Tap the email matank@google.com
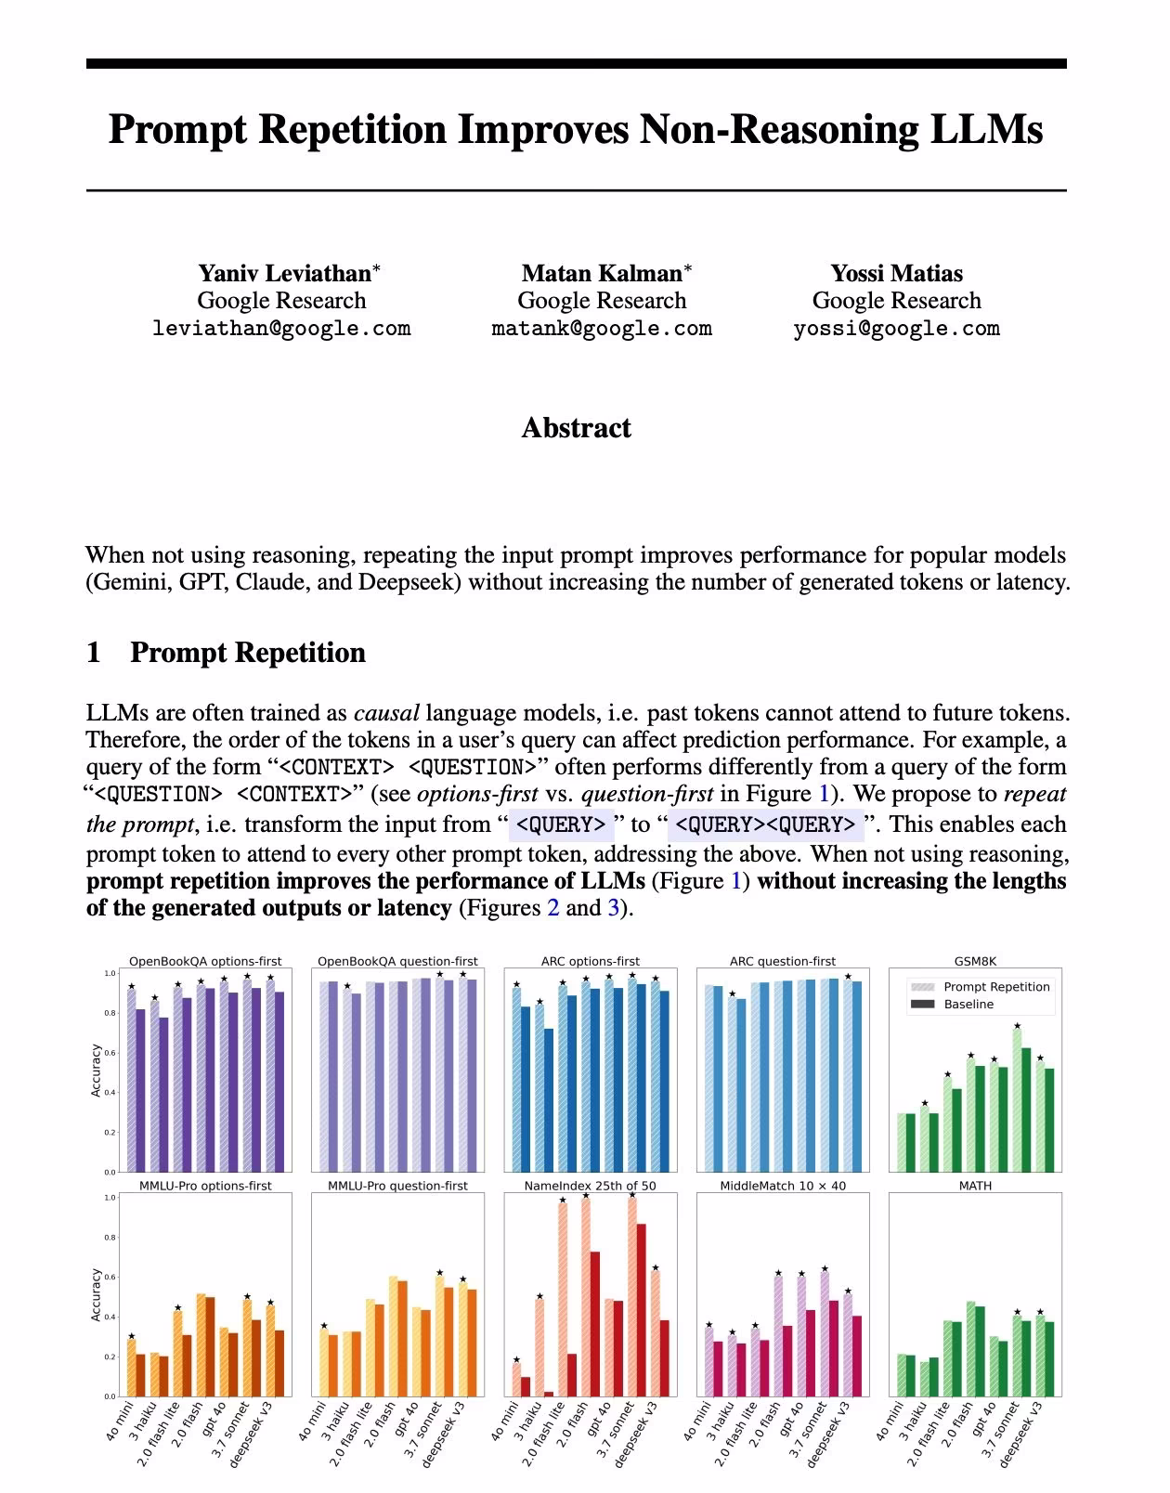(x=602, y=328)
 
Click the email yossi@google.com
(x=896, y=328)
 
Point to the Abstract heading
(x=576, y=427)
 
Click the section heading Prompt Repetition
(x=247, y=652)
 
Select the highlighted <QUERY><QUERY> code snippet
(x=765, y=824)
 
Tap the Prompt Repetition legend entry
(x=996, y=987)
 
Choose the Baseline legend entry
(x=968, y=1005)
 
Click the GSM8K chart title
(x=975, y=962)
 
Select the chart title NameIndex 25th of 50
(x=590, y=1186)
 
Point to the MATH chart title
(x=975, y=1186)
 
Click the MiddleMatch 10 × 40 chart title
(x=783, y=1186)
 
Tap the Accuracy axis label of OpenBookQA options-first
(x=97, y=1071)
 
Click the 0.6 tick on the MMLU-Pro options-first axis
(x=110, y=1277)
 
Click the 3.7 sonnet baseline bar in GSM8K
(x=1026, y=1110)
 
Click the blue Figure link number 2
(x=553, y=908)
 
